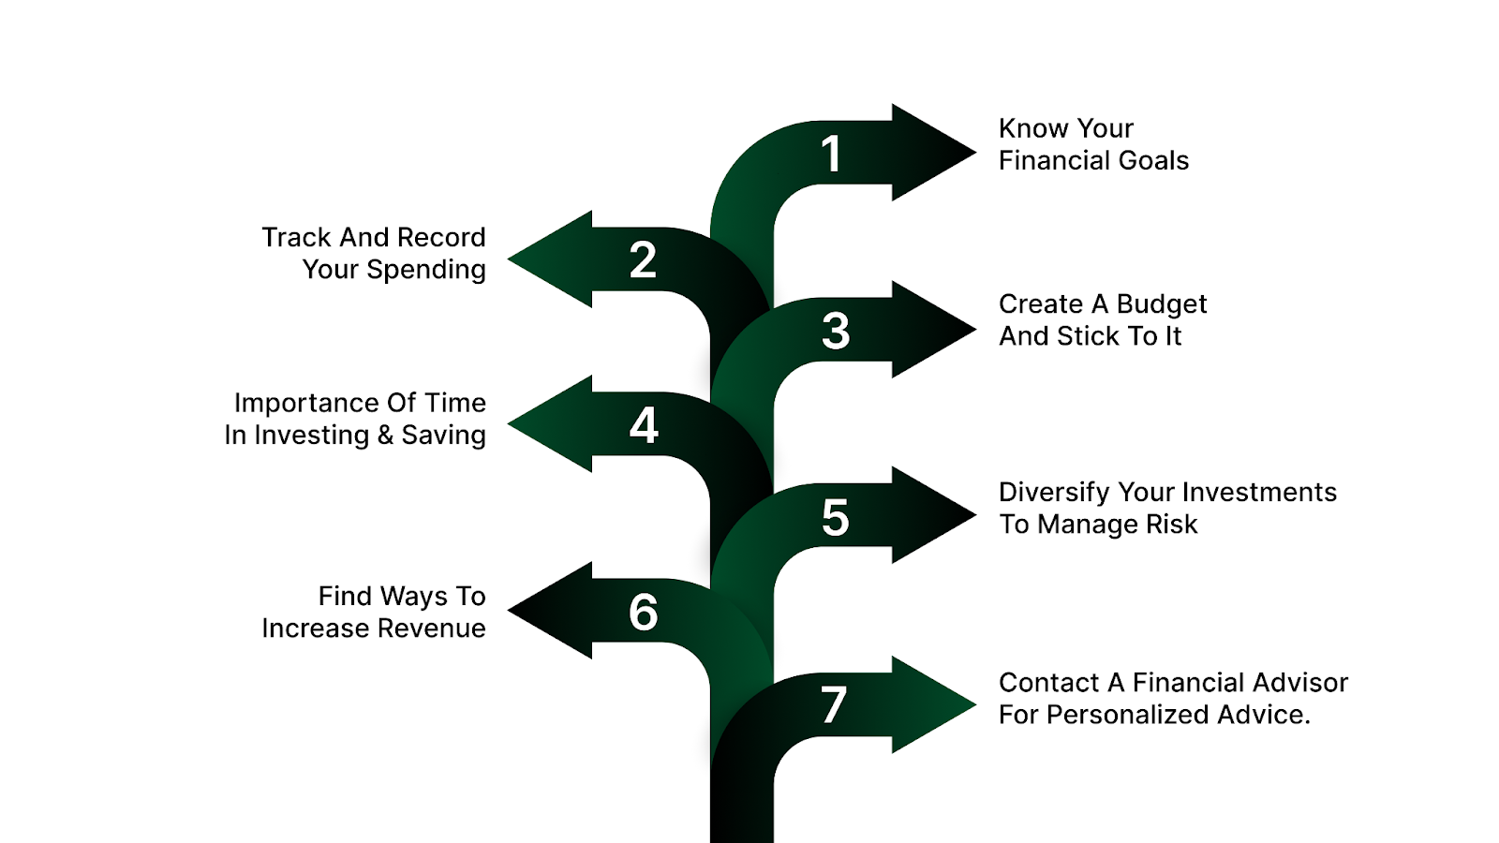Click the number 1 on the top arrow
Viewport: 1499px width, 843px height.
click(831, 155)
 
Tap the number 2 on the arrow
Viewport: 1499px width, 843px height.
click(643, 259)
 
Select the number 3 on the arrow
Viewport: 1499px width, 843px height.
click(836, 331)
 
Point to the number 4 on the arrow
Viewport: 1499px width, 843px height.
click(644, 425)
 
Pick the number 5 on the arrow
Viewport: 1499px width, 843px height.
click(835, 518)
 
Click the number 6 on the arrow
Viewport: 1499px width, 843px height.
click(644, 613)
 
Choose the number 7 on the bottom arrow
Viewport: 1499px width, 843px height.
click(834, 705)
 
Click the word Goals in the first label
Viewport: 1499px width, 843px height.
click(1153, 161)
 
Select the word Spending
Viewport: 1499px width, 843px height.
click(426, 270)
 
